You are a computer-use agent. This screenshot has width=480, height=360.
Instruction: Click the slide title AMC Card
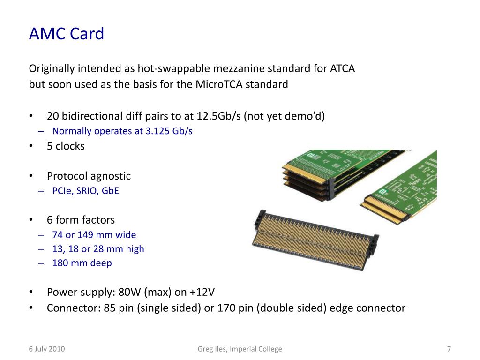(67, 34)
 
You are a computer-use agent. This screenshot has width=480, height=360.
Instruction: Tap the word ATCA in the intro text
(342, 68)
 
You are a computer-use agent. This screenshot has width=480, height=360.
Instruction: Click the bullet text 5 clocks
(66, 146)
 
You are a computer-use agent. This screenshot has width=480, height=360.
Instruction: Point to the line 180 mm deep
(82, 263)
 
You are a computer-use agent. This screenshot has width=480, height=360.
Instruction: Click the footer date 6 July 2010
(47, 349)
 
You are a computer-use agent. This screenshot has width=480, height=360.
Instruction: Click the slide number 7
(449, 349)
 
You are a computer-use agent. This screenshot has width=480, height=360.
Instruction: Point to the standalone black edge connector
(315, 240)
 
